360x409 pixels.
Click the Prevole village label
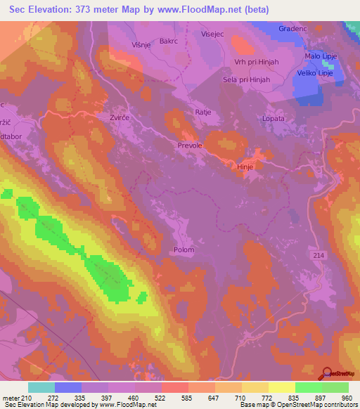click(x=190, y=145)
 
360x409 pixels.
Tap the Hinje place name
click(x=245, y=168)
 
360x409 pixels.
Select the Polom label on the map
click(x=183, y=249)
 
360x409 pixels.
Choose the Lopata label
click(x=272, y=119)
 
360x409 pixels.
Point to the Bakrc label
click(x=169, y=41)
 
